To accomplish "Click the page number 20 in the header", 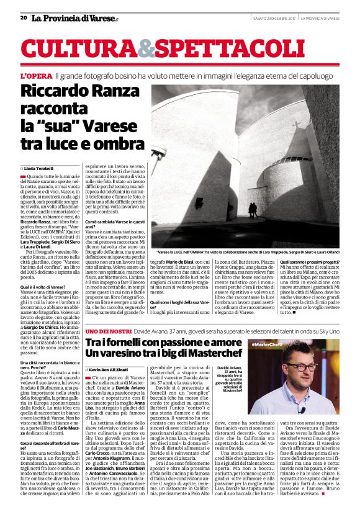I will pyautogui.click(x=24, y=18).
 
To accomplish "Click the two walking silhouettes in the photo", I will pyautogui.click(x=253, y=209).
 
